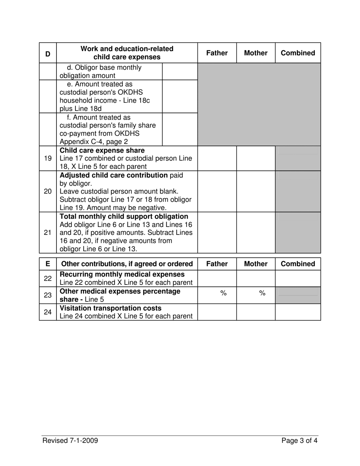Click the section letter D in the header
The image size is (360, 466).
(x=48, y=53)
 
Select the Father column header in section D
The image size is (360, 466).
(x=217, y=53)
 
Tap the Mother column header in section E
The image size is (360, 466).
(x=255, y=264)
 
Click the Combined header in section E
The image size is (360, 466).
(x=298, y=264)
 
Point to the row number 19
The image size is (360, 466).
(x=48, y=158)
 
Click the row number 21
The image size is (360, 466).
(x=48, y=233)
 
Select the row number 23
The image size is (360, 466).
(x=48, y=296)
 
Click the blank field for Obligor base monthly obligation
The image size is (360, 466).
(x=180, y=71)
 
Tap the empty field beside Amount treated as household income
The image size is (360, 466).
(x=180, y=96)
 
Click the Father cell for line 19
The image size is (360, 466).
(x=217, y=158)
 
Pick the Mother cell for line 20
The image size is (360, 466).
(x=255, y=191)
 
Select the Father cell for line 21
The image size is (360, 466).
(x=217, y=233)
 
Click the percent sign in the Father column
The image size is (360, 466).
(x=223, y=293)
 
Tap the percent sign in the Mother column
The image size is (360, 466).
(x=261, y=293)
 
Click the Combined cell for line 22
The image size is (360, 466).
(x=298, y=278)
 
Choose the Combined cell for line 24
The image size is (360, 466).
(x=298, y=312)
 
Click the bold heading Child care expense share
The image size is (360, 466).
(x=102, y=150)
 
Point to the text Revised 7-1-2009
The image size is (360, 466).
(x=70, y=440)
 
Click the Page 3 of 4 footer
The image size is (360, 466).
(x=299, y=440)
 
